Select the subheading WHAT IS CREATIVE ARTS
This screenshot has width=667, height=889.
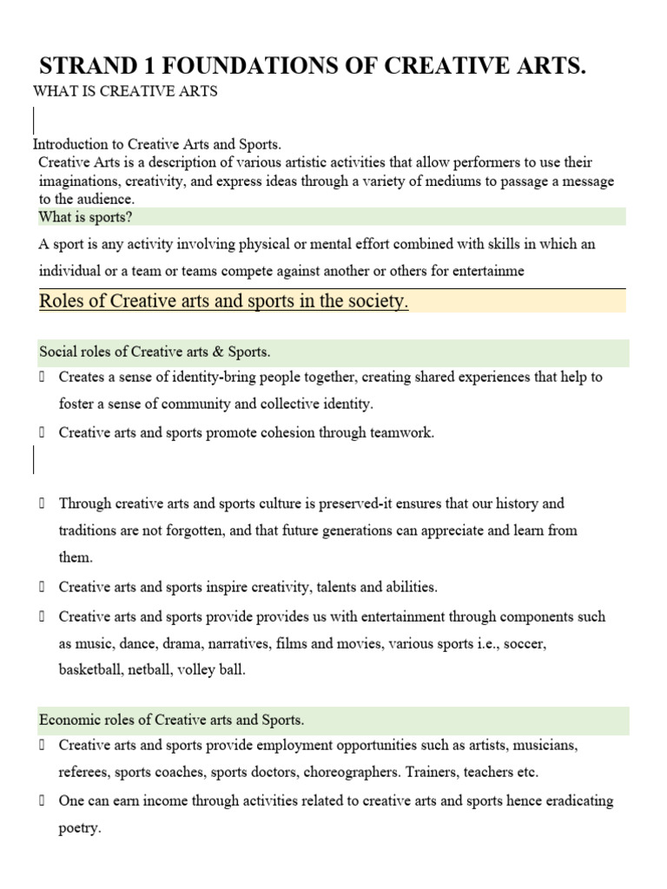125,92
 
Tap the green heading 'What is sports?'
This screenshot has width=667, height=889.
86,217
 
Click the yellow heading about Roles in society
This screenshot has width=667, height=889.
224,301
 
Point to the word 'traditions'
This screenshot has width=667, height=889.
91,530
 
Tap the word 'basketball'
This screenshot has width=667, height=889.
91,669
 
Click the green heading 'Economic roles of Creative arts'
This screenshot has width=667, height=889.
172,720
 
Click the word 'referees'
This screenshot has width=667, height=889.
86,772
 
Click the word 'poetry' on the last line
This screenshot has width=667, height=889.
79,828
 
